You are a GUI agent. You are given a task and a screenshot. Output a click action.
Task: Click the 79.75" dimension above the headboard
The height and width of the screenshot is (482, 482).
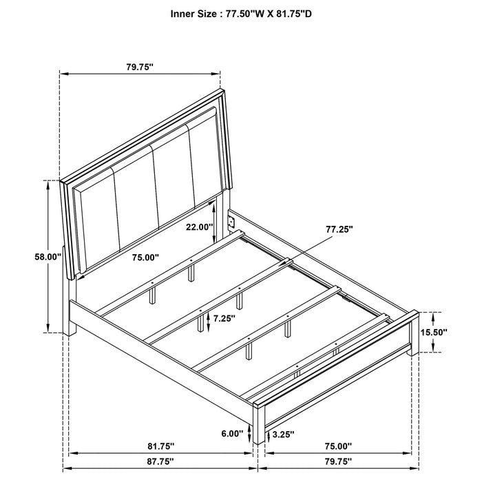[140, 66]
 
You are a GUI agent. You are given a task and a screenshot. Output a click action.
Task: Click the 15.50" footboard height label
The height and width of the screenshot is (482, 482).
[434, 332]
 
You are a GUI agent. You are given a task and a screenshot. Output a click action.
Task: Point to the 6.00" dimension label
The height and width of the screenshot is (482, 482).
[233, 434]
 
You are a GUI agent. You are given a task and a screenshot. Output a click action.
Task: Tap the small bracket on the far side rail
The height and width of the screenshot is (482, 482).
[232, 221]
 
